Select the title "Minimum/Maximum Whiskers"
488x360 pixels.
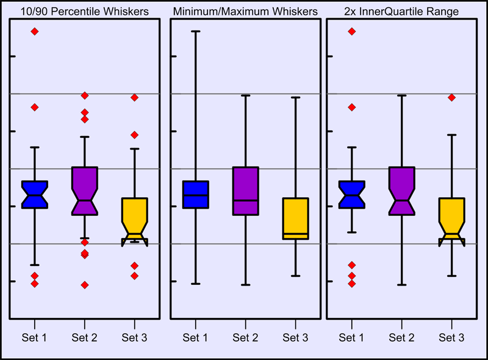pyautogui.click(x=245, y=12)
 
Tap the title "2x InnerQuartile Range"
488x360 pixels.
pyautogui.click(x=403, y=12)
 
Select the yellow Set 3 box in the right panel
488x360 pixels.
pyautogui.click(x=452, y=214)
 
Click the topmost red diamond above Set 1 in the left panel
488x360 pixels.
pyautogui.click(x=35, y=31)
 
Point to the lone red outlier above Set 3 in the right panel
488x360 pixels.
pyautogui.click(x=452, y=97)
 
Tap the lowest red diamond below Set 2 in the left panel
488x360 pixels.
pyautogui.click(x=85, y=285)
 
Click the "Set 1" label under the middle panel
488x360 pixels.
pyautogui.click(x=196, y=337)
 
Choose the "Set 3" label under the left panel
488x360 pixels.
pyautogui.click(x=135, y=337)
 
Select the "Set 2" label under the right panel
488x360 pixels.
pyautogui.click(x=401, y=337)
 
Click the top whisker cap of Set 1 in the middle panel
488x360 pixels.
pyautogui.click(x=196, y=31)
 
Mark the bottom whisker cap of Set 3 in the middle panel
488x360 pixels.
pyautogui.click(x=296, y=276)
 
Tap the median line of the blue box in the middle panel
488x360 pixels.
pyautogui.click(x=196, y=195)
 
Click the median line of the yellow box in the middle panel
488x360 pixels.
pyautogui.click(x=296, y=234)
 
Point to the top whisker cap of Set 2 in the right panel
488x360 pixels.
pyautogui.click(x=401, y=96)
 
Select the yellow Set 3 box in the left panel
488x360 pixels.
pyautogui.click(x=135, y=214)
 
